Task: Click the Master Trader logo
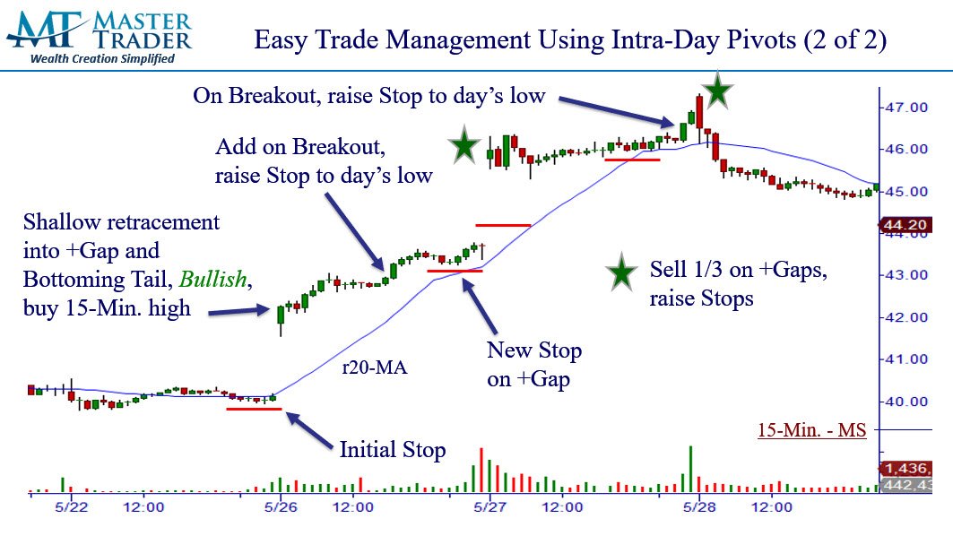point(100,36)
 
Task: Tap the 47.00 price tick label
point(906,108)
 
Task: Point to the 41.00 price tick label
point(906,359)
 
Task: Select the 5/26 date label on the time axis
point(281,506)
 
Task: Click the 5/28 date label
point(699,506)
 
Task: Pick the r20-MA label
point(375,367)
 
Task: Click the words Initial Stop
point(393,450)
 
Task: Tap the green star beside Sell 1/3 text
point(621,272)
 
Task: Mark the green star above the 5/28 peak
point(718,91)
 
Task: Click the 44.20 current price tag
point(905,225)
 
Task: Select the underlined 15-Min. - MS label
point(811,430)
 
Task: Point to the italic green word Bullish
point(212,280)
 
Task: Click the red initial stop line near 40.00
point(254,409)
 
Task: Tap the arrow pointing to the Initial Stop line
point(309,431)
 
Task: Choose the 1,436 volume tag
point(905,469)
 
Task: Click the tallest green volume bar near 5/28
point(690,469)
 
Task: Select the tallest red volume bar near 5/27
point(481,471)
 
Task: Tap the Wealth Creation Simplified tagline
point(103,59)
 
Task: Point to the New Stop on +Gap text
point(533,365)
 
